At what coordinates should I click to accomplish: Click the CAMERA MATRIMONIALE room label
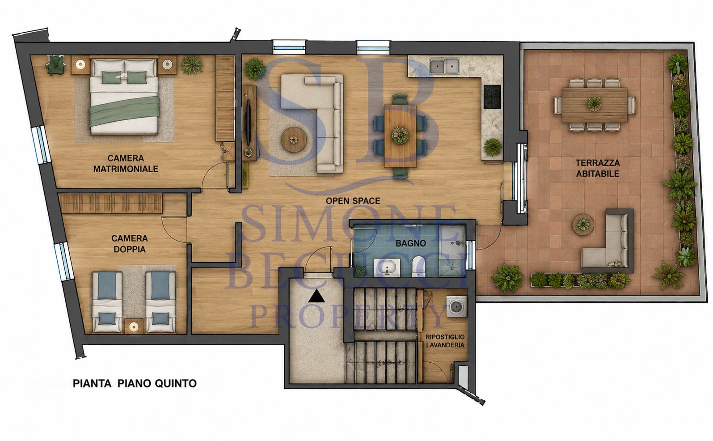(x=126, y=163)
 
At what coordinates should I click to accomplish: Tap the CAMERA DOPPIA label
(x=130, y=244)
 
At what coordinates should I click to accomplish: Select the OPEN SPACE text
(x=353, y=201)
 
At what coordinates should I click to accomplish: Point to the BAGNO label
(x=411, y=243)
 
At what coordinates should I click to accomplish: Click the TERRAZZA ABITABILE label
(x=598, y=168)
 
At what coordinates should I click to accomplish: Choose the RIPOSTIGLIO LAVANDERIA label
(x=445, y=341)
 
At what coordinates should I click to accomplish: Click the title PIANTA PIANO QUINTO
(x=135, y=383)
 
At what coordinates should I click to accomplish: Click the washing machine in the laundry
(x=456, y=306)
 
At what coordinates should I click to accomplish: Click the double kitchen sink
(x=444, y=66)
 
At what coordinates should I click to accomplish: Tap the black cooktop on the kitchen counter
(x=492, y=97)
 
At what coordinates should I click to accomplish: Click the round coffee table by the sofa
(x=294, y=140)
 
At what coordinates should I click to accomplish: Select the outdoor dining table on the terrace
(x=595, y=105)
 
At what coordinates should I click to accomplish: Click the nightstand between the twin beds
(x=133, y=326)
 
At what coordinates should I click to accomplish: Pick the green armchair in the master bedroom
(x=56, y=65)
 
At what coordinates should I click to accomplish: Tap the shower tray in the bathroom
(x=452, y=250)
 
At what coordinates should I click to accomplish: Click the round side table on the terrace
(x=583, y=225)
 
